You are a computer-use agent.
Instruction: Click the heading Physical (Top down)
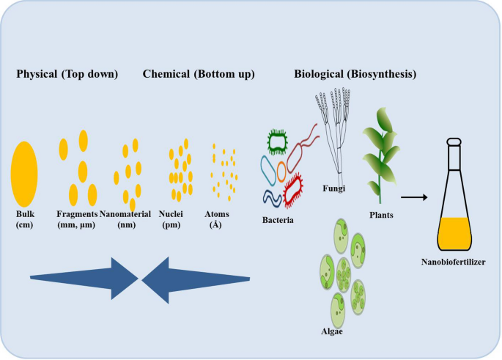point(67,74)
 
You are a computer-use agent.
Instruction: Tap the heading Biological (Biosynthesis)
point(355,74)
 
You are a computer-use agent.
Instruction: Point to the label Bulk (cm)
point(25,220)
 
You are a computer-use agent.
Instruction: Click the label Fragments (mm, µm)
point(77,220)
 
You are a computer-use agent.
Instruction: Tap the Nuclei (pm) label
point(173,220)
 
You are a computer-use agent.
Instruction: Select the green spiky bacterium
point(278,141)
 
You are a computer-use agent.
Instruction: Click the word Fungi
point(333,188)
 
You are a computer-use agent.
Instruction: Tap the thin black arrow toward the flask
point(413,197)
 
